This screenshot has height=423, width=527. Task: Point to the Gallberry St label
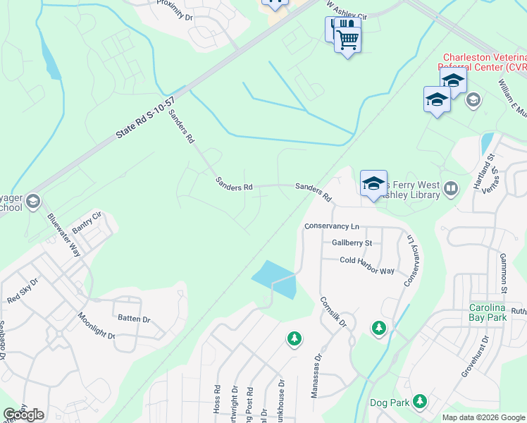352,243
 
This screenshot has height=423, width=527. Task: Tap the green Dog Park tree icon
420,402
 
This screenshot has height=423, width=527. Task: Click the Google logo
23,415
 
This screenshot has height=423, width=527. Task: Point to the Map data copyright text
483,417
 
